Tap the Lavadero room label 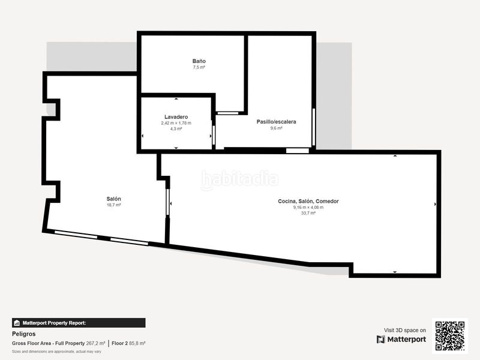pyautogui.click(x=176, y=116)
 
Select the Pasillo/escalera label pyautogui.click(x=276, y=122)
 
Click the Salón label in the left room pyautogui.click(x=114, y=199)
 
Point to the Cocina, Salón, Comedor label pyautogui.click(x=308, y=201)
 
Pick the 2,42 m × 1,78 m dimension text pyautogui.click(x=176, y=123)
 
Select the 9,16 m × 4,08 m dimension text pyautogui.click(x=308, y=208)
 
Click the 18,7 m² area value pyautogui.click(x=114, y=205)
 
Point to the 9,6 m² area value pyautogui.click(x=276, y=128)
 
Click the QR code pyautogui.click(x=450, y=336)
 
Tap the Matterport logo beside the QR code pyautogui.click(x=401, y=340)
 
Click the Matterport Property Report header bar pyautogui.click(x=78, y=323)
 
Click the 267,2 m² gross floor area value pyautogui.click(x=95, y=343)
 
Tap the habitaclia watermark pyautogui.click(x=240, y=179)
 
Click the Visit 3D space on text pyautogui.click(x=405, y=330)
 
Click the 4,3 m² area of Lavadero pyautogui.click(x=176, y=129)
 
